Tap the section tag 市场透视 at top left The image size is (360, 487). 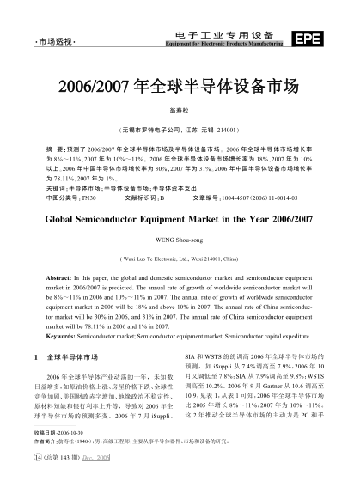tap(51, 41)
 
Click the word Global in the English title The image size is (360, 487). tap(65, 219)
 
